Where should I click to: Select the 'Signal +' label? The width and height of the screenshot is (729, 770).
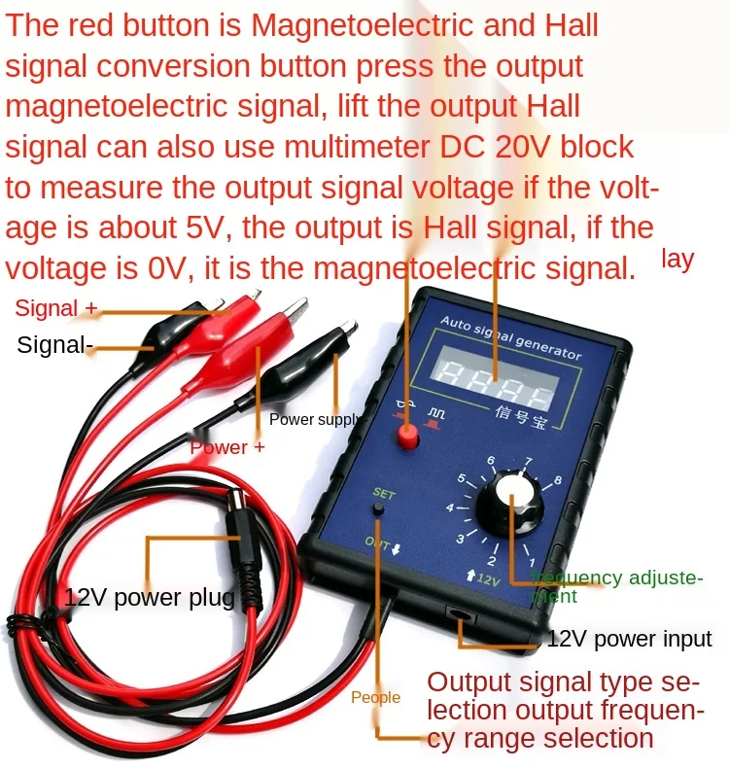[x=56, y=309]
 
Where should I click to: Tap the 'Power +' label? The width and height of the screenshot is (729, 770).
[x=226, y=447]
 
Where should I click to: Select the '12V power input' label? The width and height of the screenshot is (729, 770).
[x=629, y=639]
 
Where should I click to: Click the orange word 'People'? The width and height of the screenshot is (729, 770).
[x=375, y=697]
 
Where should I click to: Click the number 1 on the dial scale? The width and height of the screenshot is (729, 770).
[x=532, y=562]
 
